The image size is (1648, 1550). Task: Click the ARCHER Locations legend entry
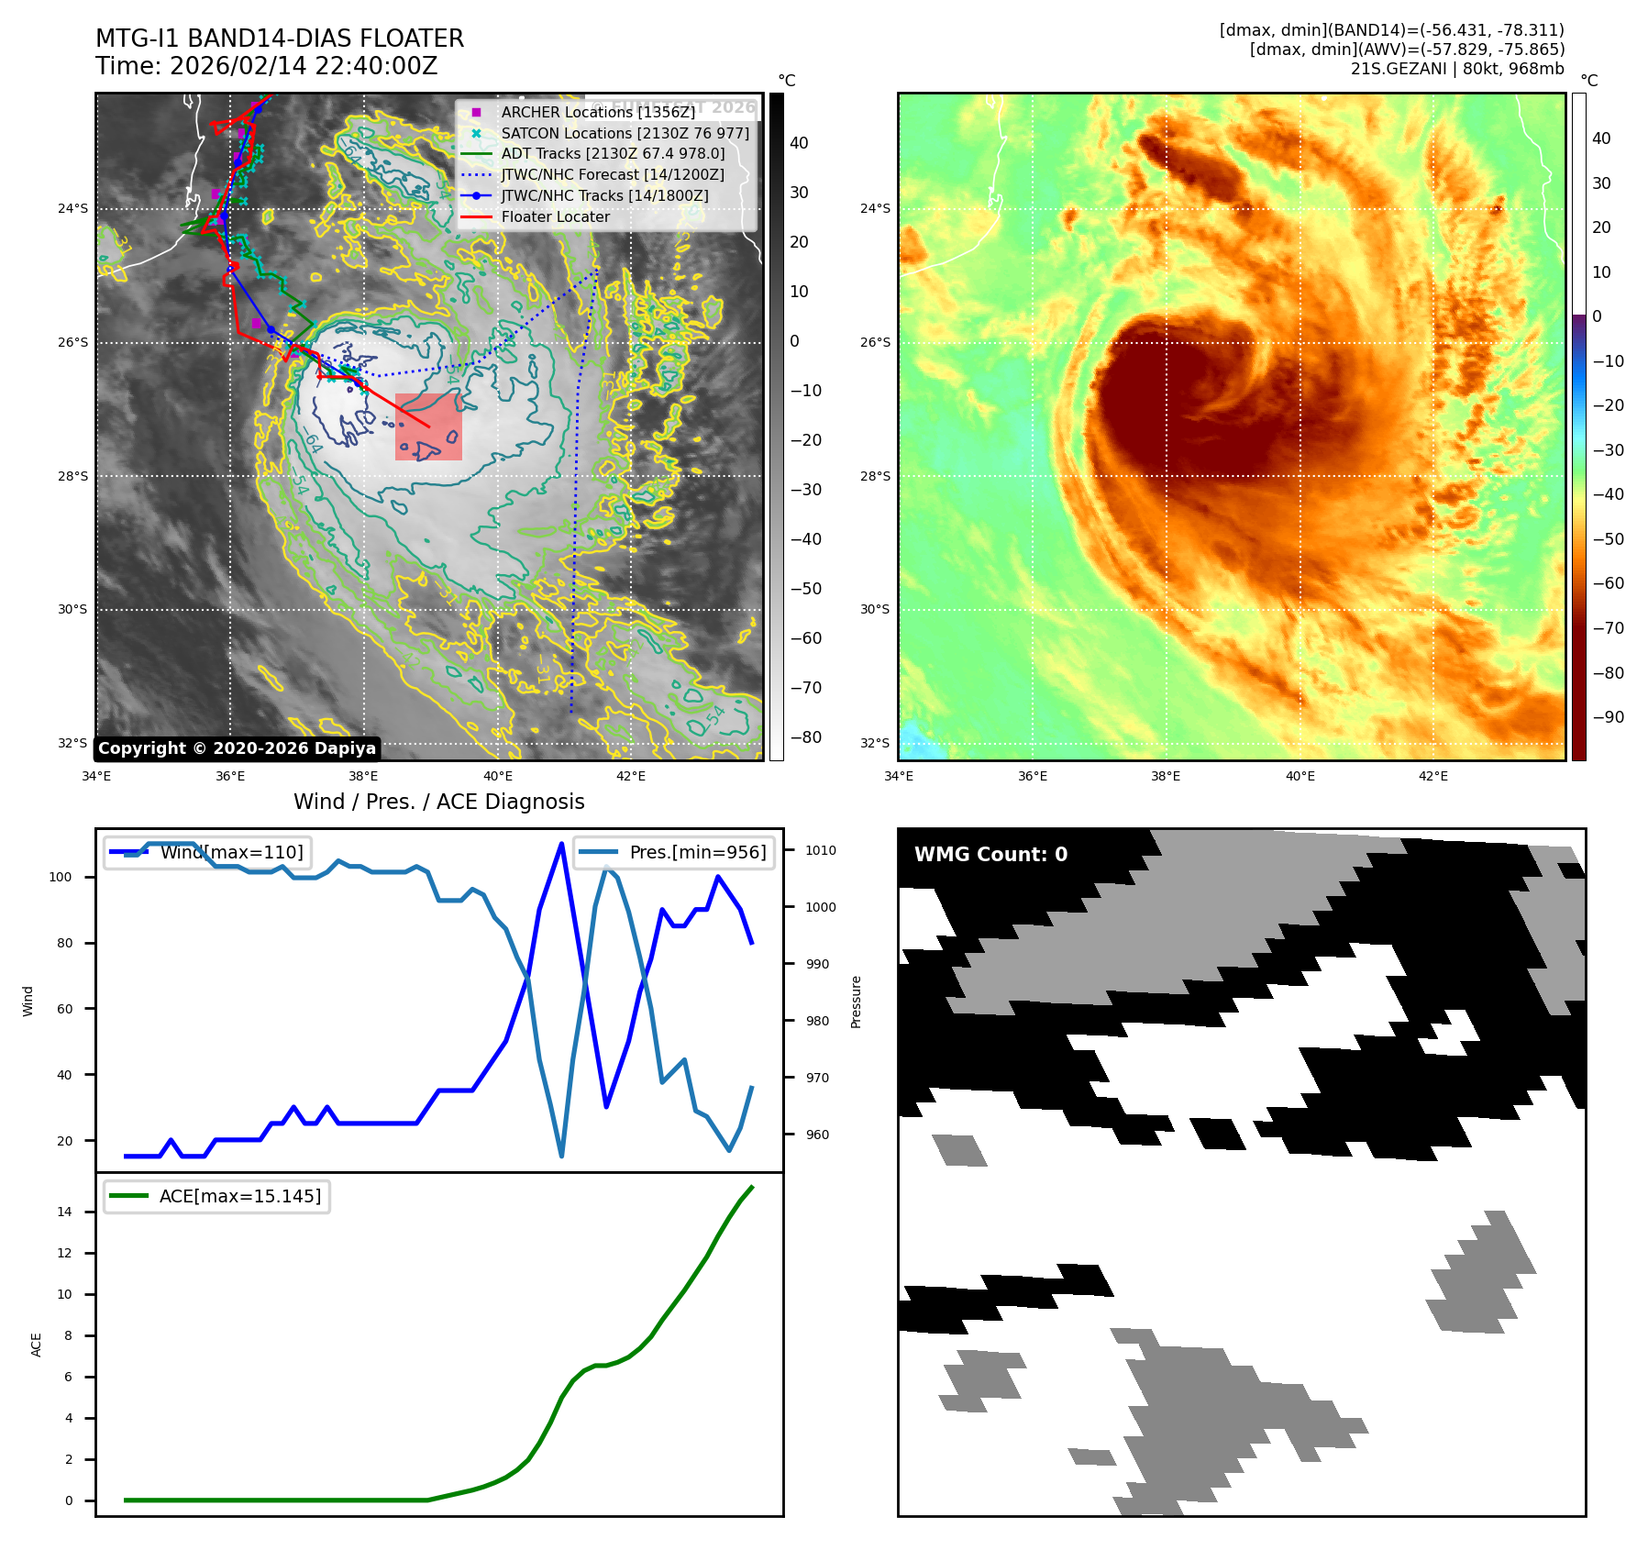(598, 112)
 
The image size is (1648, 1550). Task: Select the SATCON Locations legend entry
(625, 133)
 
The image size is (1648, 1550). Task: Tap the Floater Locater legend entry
(555, 217)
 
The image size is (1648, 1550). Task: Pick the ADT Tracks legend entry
(613, 154)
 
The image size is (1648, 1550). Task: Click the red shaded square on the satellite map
(428, 427)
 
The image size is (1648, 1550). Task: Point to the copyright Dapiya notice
(237, 748)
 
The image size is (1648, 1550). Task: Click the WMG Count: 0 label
(990, 855)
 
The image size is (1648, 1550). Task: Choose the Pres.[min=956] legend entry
(697, 852)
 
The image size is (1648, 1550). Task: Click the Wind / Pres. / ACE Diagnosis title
(438, 802)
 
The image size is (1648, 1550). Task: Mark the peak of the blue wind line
(561, 843)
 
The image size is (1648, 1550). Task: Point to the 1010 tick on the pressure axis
(820, 850)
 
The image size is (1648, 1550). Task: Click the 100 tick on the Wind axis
(61, 877)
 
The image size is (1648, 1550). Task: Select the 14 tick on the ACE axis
(64, 1212)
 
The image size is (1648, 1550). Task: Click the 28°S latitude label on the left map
(73, 476)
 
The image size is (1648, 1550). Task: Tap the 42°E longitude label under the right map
(1432, 776)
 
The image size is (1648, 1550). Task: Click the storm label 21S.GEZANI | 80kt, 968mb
(1457, 69)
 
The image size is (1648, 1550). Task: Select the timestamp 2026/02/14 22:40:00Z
(303, 67)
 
